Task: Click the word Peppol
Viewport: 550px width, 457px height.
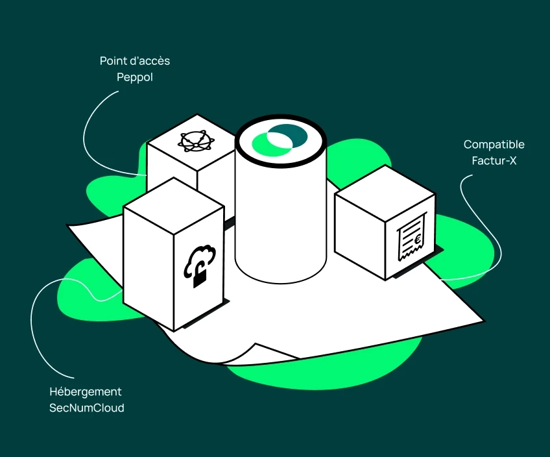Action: tap(134, 77)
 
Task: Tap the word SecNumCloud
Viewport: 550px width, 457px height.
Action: tap(87, 408)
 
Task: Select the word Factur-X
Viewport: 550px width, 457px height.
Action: tap(494, 161)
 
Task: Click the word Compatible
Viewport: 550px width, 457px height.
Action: tap(494, 144)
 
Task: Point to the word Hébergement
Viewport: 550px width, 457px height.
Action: tap(86, 391)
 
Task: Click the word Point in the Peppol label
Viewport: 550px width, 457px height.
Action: tap(112, 61)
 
